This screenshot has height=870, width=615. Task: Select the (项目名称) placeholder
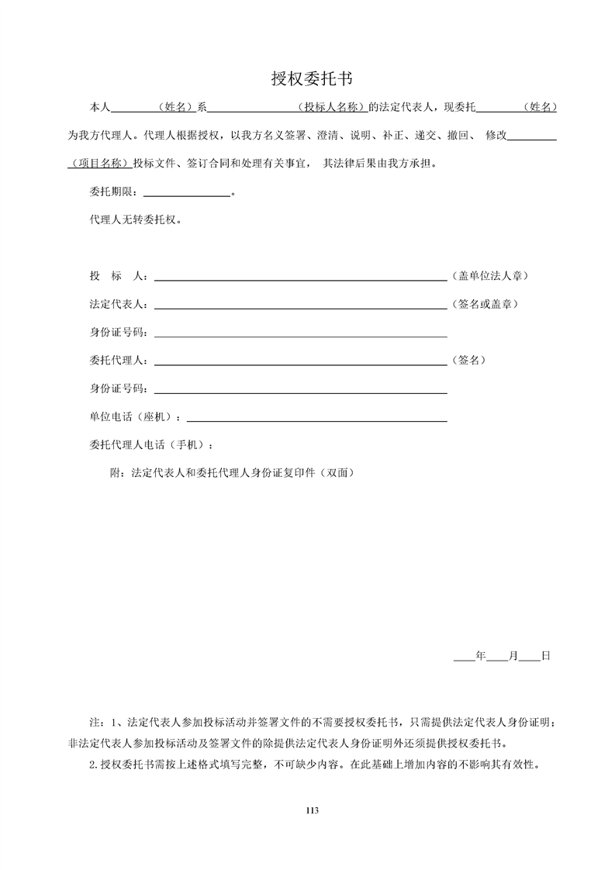[x=98, y=164]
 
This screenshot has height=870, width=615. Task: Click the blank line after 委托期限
[x=187, y=194]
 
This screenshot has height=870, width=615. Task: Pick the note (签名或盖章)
[x=485, y=304]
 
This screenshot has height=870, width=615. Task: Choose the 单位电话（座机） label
[x=136, y=416]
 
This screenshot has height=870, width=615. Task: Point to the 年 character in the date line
[x=480, y=656]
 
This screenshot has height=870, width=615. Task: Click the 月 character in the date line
[x=513, y=656]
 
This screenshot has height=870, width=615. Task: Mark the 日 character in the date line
[x=545, y=656]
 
